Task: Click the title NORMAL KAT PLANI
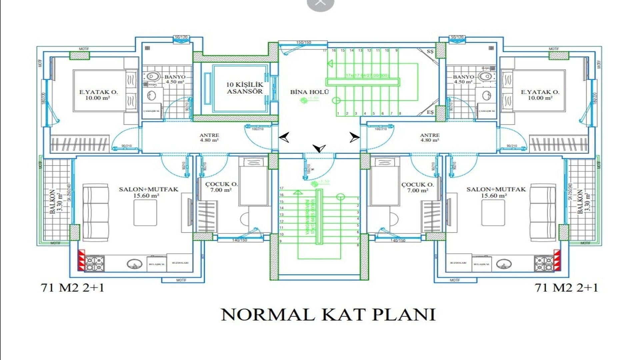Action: click(328, 314)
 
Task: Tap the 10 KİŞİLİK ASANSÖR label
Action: click(245, 88)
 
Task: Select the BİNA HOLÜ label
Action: click(309, 92)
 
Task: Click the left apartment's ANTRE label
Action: click(209, 138)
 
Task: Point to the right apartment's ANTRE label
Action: click(430, 138)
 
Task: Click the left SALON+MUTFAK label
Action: click(148, 192)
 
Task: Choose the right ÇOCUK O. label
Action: click(418, 187)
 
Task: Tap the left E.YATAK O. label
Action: click(98, 95)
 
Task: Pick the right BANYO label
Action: click(463, 79)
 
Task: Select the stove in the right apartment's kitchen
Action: click(544, 263)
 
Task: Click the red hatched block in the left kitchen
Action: click(82, 260)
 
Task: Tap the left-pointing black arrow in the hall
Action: click(284, 137)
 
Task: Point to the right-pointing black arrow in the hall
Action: click(354, 137)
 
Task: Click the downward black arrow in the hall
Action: click(319, 148)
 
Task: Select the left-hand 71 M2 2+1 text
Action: click(72, 288)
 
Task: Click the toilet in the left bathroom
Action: click(152, 77)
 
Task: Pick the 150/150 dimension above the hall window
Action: click(304, 42)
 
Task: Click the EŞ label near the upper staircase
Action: click(430, 112)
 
